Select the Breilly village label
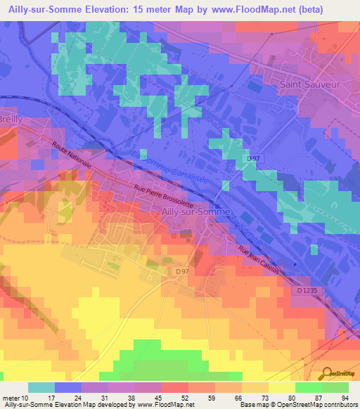13,119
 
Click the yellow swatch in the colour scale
282,387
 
